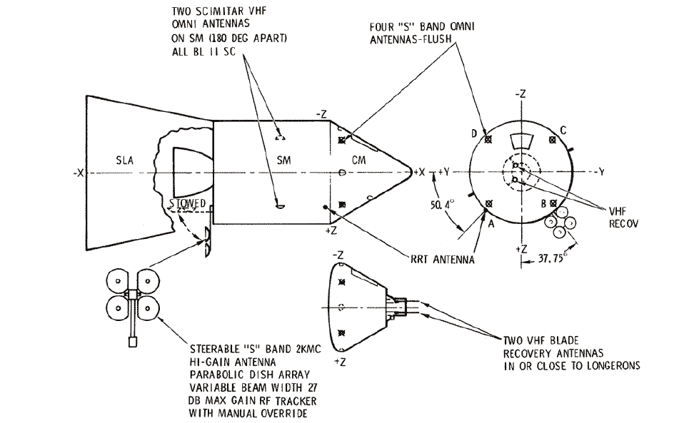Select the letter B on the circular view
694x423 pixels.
(543, 203)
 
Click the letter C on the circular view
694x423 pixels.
(563, 131)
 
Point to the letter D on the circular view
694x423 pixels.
(474, 133)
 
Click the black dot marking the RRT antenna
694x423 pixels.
(326, 208)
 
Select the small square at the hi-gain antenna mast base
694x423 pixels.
(133, 342)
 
